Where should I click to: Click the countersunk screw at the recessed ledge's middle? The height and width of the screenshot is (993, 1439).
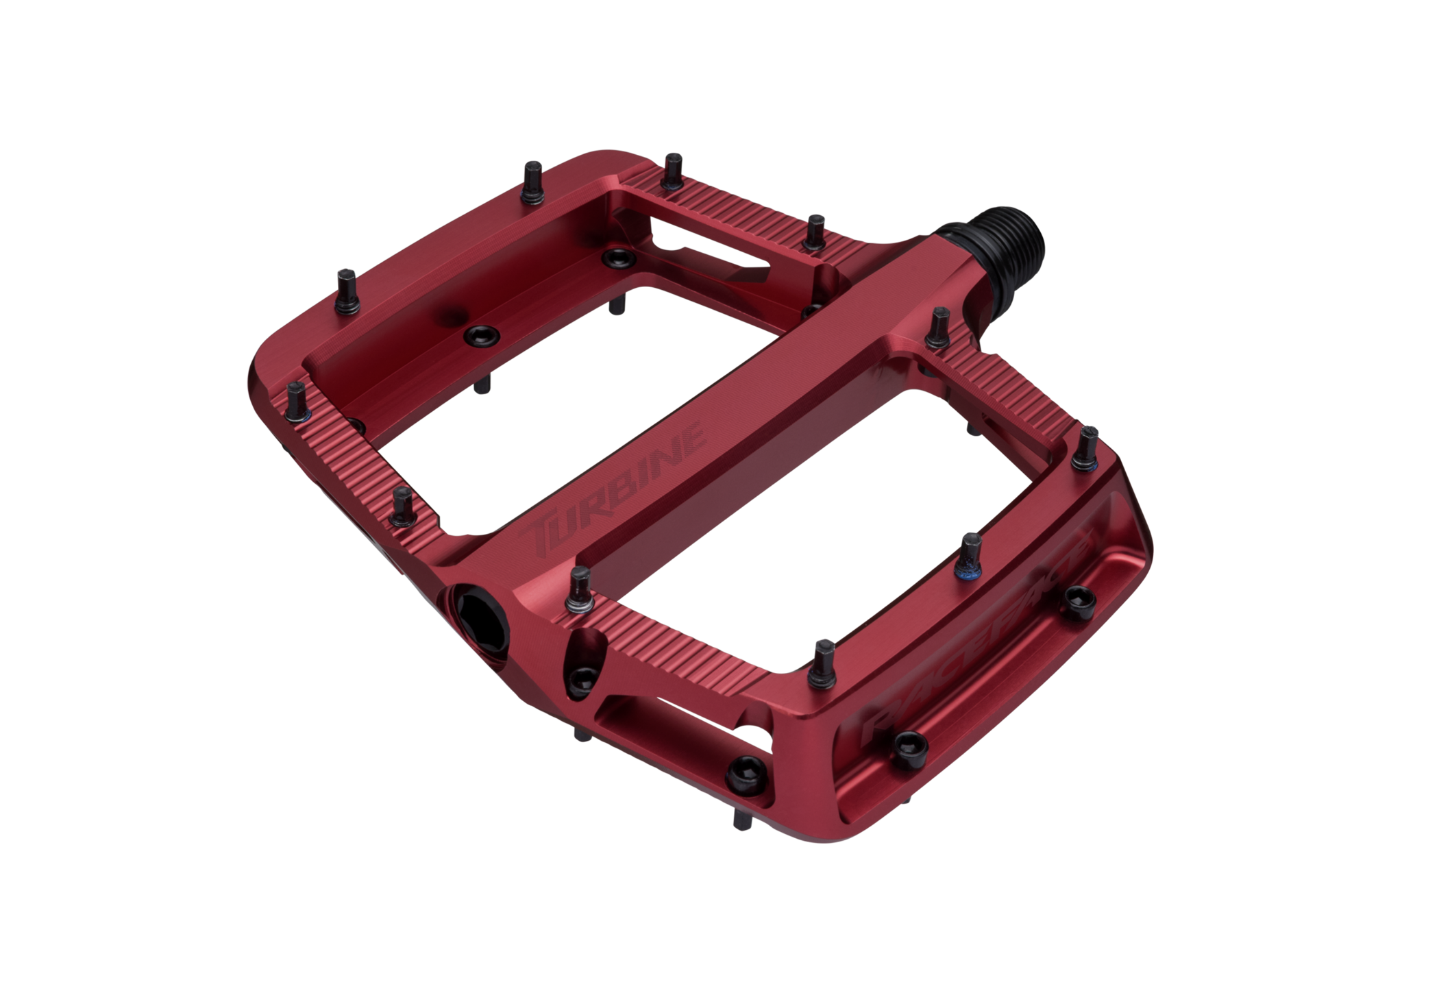480,335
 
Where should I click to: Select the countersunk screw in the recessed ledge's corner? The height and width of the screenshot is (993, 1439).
618,258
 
